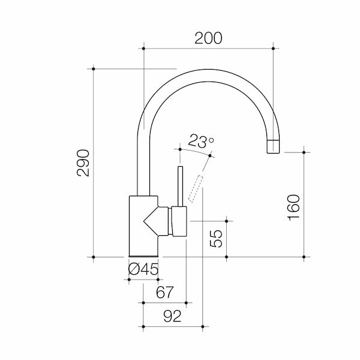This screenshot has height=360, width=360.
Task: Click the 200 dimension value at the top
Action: [209, 38]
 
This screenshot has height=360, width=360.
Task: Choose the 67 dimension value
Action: [164, 293]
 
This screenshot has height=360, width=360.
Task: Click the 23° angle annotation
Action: [201, 142]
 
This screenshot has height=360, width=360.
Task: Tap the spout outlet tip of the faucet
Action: [273, 145]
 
